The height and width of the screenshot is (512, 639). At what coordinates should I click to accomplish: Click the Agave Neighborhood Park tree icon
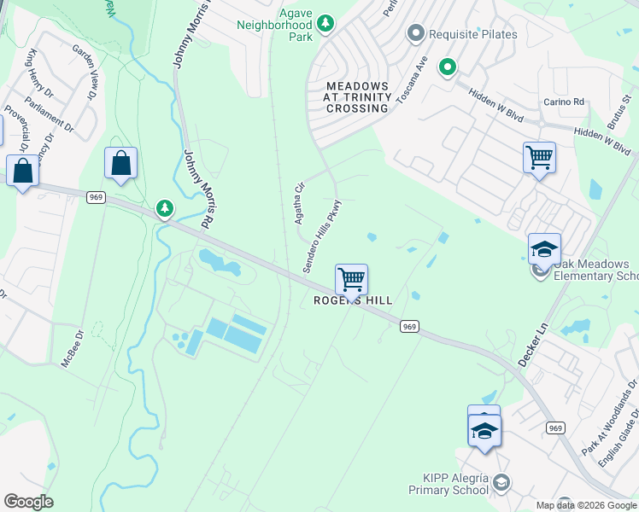325,24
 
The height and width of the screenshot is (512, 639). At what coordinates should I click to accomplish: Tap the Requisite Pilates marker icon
416,33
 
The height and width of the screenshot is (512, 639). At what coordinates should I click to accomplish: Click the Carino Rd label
564,102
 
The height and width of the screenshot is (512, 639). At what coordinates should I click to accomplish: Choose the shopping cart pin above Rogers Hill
351,279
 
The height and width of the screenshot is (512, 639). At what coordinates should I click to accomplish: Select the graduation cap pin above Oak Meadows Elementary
544,249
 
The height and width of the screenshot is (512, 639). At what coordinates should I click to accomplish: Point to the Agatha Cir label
300,203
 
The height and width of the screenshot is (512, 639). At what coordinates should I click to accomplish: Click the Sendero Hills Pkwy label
322,237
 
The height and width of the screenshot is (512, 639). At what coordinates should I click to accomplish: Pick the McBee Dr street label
74,349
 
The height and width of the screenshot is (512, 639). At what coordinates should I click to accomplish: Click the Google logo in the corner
28,502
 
